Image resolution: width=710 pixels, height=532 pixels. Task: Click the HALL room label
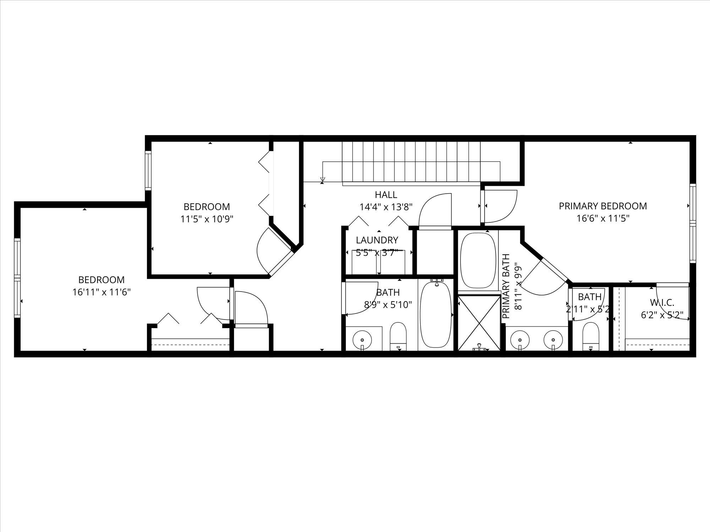pyautogui.click(x=386, y=195)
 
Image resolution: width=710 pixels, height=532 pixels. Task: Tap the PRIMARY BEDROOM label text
pyautogui.click(x=603, y=206)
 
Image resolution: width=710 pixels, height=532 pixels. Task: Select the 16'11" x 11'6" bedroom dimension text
pyautogui.click(x=102, y=292)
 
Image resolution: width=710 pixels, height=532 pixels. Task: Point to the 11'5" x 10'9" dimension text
pyautogui.click(x=207, y=219)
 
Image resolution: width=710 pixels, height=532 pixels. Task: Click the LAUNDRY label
pyautogui.click(x=377, y=240)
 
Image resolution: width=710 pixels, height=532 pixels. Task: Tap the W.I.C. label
pyautogui.click(x=662, y=303)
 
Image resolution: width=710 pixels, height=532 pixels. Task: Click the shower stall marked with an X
pyautogui.click(x=479, y=323)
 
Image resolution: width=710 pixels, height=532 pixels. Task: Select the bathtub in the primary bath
pyautogui.click(x=478, y=260)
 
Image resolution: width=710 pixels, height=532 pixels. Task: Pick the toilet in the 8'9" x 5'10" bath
pyautogui.click(x=398, y=336)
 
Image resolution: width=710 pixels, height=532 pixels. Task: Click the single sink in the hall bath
pyautogui.click(x=362, y=340)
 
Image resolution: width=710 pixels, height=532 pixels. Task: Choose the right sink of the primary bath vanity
pyautogui.click(x=553, y=339)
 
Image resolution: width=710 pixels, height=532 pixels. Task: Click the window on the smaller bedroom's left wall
pyautogui.click(x=148, y=171)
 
